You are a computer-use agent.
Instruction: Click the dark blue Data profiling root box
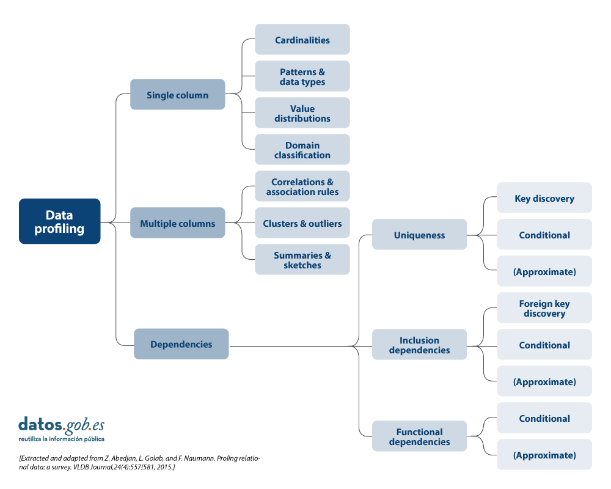coord(59,221)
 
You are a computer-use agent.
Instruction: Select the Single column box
coord(177,95)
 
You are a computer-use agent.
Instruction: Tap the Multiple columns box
coord(177,223)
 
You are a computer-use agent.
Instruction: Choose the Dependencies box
coord(181,344)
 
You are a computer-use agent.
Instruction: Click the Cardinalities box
coord(302,40)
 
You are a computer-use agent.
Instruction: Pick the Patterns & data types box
coord(302,76)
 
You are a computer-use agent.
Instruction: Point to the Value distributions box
coord(302,113)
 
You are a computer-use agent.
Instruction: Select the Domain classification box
coord(302,150)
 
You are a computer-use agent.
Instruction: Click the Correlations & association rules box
coord(302,186)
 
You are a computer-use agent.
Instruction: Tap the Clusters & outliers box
coord(302,223)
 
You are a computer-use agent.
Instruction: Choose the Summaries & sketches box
coord(302,260)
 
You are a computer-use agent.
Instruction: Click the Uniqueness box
coord(419,235)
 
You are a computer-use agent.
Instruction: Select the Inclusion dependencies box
coord(419,345)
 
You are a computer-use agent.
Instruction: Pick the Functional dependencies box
coord(419,436)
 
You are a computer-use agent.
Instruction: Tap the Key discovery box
coord(544,198)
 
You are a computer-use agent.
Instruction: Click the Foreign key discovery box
coord(544,308)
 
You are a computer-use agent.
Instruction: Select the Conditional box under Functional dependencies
coord(544,418)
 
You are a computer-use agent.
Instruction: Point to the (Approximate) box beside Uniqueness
coord(544,271)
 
